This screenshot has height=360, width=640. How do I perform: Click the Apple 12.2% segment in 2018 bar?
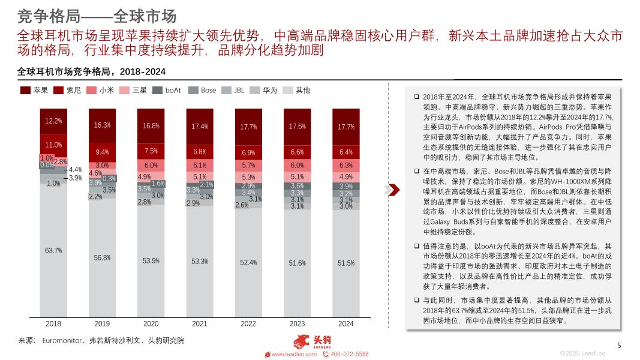53,121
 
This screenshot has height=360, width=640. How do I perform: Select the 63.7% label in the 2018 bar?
53,250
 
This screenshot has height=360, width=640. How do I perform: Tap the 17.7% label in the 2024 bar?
346,127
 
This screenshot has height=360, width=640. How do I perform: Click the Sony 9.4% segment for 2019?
102,152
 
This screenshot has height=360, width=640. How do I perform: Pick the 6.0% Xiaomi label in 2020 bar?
151,166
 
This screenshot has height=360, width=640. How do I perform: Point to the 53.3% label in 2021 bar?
200,261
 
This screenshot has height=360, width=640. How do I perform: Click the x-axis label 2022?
248,323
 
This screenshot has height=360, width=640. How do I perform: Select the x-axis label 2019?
102,323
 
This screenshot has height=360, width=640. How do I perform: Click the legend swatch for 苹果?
25,90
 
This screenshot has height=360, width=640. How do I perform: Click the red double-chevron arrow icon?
392,190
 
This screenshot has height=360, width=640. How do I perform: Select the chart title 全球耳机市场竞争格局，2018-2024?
91,71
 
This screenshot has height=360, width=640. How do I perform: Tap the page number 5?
620,345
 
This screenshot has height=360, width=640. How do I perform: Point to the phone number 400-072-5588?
349,355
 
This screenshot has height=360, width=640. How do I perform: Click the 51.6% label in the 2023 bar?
297,263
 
